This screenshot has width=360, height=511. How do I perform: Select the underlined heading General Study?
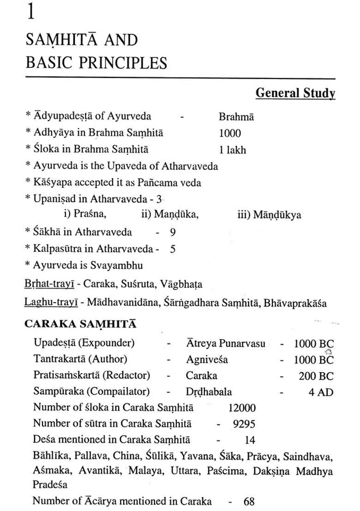pos(295,93)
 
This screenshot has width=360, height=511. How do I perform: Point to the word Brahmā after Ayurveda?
pos(236,117)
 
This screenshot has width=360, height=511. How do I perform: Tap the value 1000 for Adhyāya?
pos(230,133)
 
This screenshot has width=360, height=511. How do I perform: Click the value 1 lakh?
pos(233,150)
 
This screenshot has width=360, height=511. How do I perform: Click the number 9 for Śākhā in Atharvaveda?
pos(173,232)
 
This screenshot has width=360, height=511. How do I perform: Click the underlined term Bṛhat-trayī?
pos(49,284)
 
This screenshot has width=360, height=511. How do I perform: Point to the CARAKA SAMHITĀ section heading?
pos(80,324)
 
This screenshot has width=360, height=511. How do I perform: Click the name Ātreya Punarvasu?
pos(226,343)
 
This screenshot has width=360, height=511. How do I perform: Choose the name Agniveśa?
pos(207,359)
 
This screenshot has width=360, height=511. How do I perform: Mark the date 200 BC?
pos(316,376)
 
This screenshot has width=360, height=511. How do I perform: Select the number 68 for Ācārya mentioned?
pos(249,501)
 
